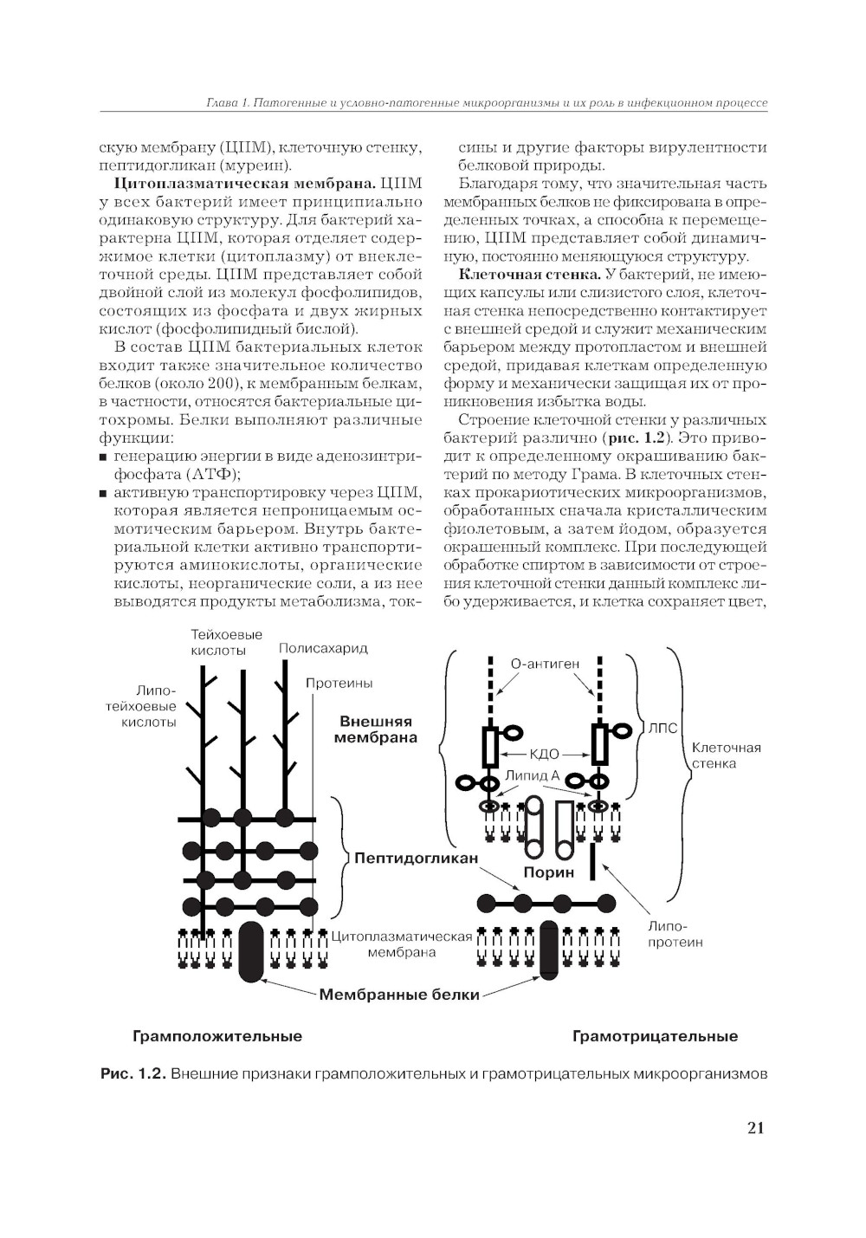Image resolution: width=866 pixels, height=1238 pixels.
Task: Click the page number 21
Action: pos(754,1127)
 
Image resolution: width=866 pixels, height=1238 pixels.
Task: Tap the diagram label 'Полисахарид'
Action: pos(323,648)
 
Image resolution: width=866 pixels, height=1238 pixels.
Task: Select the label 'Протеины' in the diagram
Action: pos(339,683)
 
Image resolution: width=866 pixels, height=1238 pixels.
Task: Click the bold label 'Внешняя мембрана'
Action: pos(376,729)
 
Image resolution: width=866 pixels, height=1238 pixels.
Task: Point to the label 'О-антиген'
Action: pos(545,664)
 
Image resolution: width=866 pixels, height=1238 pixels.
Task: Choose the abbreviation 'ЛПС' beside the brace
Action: pos(662,729)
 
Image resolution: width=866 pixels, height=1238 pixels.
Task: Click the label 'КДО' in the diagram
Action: pos(544,754)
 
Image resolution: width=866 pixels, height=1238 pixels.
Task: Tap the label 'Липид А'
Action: pos(532,775)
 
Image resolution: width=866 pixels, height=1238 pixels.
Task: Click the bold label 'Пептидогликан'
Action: pos(416,858)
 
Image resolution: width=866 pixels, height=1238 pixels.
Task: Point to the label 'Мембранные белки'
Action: pos(399,995)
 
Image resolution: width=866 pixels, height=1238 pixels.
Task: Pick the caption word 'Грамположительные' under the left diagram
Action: pos(216,1036)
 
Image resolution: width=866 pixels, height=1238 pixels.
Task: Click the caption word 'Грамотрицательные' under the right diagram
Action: pos(655,1036)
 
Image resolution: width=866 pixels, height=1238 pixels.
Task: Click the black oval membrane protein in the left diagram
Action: pos(251,951)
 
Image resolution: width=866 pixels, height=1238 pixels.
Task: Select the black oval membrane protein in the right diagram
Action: pos(549,950)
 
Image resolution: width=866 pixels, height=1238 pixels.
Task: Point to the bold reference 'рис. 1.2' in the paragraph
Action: pos(643,438)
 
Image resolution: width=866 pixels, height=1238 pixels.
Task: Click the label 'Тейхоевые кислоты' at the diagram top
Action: pos(226,642)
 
